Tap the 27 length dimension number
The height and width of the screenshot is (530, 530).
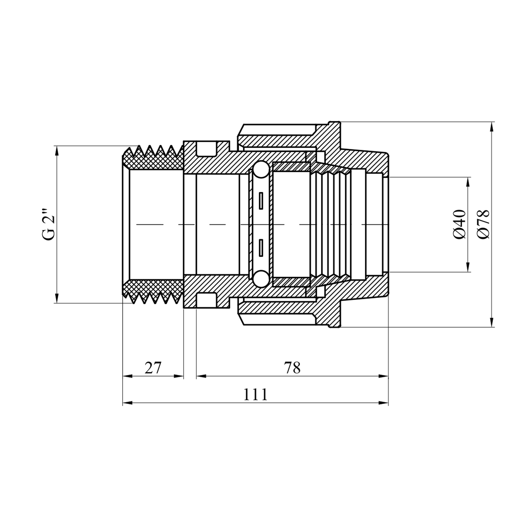click(x=153, y=368)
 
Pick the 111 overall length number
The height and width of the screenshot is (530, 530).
click(x=255, y=394)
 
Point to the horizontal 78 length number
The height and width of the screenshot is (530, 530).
click(x=292, y=368)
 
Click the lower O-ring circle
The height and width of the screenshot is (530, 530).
click(x=261, y=279)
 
